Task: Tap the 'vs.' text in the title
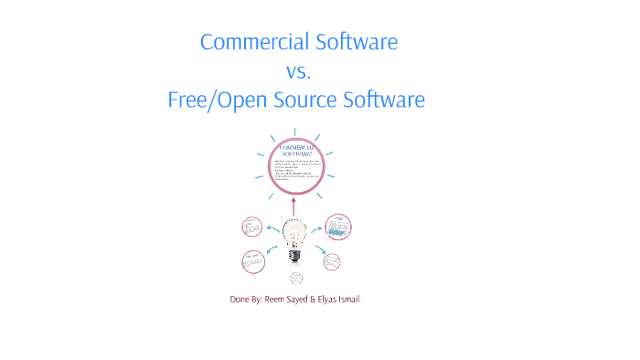(x=298, y=71)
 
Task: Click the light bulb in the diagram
(x=294, y=239)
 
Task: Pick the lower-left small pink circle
(x=251, y=261)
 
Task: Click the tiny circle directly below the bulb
(x=295, y=279)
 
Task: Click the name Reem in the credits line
(x=276, y=300)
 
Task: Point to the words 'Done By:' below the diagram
(x=245, y=300)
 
